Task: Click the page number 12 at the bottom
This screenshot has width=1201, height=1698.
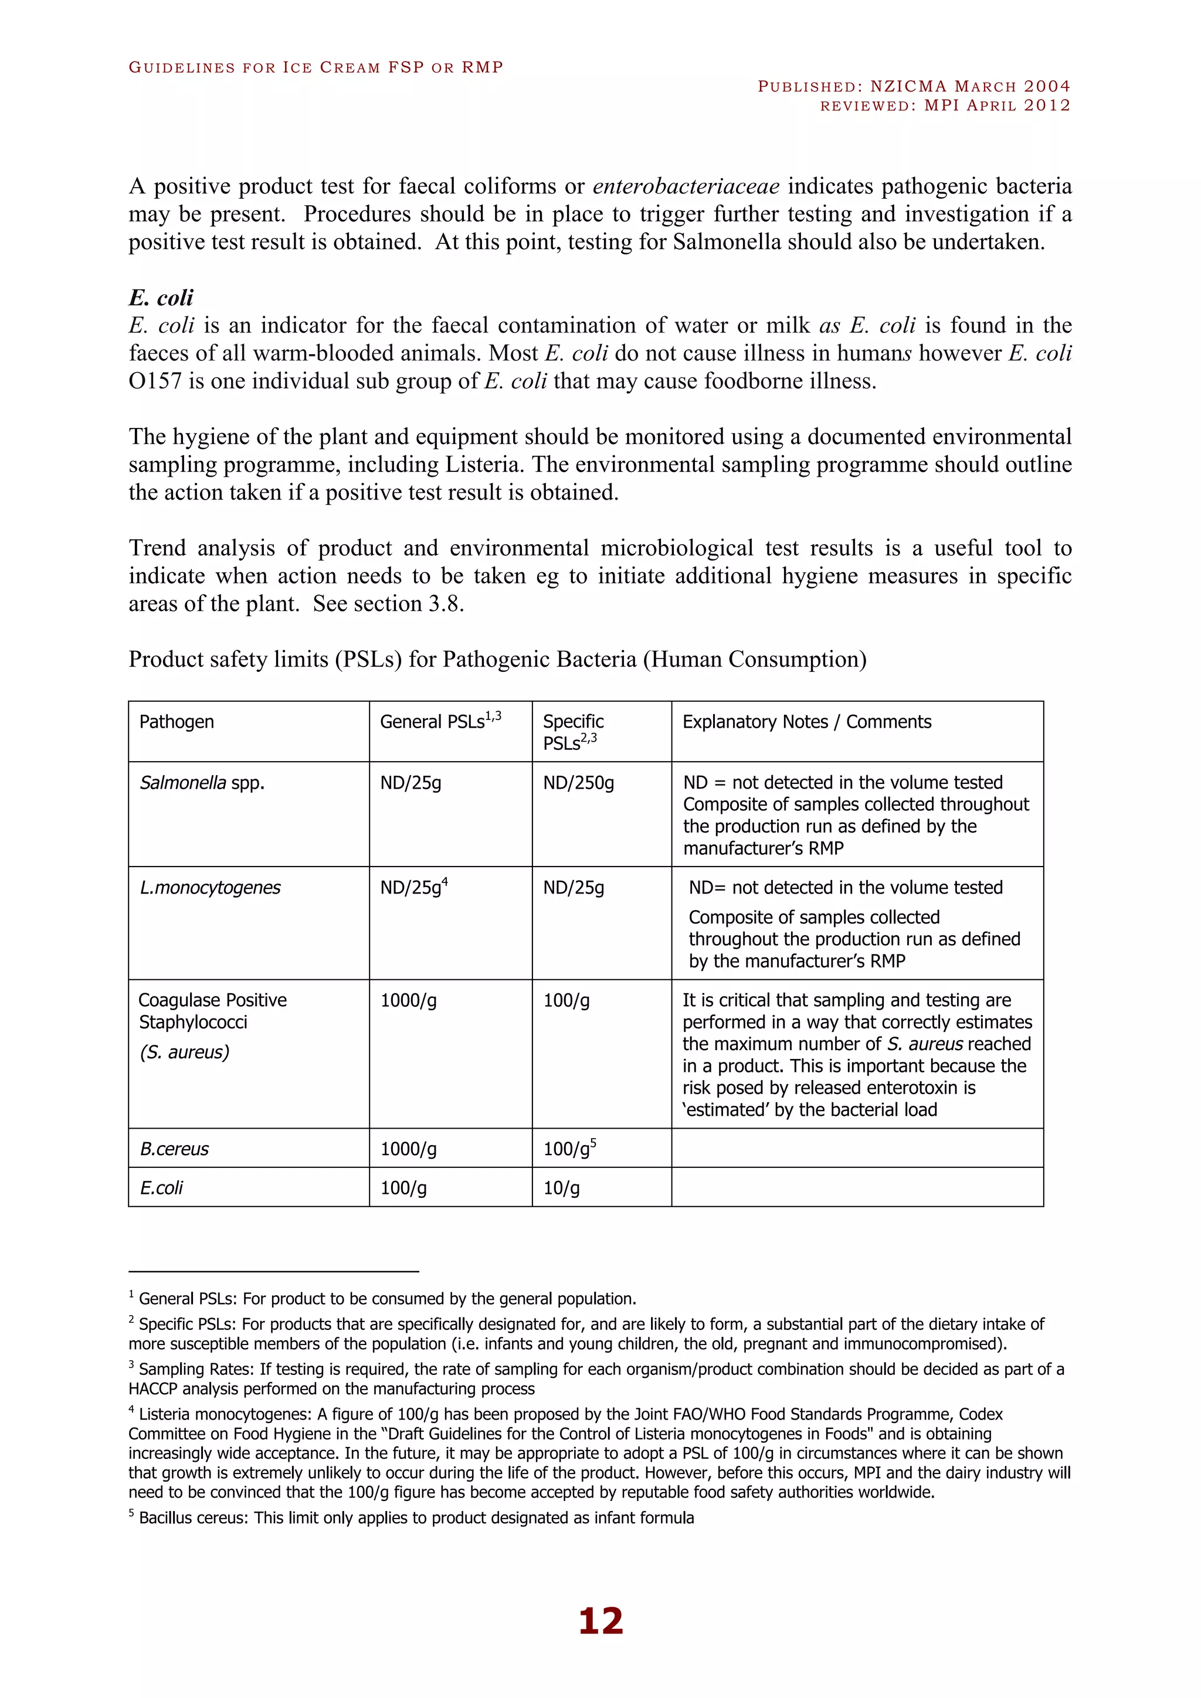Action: tap(600, 1621)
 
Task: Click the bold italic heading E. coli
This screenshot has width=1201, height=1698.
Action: tap(161, 298)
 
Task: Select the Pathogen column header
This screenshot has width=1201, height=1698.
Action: tap(177, 722)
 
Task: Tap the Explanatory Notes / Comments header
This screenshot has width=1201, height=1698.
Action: tap(806, 722)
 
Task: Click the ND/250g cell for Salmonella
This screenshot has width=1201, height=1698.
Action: tap(578, 782)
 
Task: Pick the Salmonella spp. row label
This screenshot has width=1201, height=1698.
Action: tap(202, 782)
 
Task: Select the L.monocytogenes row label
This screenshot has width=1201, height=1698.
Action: tap(210, 888)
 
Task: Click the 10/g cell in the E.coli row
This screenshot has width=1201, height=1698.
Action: tap(561, 1188)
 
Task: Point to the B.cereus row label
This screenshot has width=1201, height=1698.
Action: tap(175, 1149)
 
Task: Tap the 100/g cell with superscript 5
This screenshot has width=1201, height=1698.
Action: tap(569, 1149)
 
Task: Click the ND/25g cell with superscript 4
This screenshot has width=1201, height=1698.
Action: tap(413, 888)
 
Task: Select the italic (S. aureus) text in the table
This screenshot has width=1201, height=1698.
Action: tap(184, 1052)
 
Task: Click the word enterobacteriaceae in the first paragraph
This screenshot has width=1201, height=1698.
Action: tap(686, 186)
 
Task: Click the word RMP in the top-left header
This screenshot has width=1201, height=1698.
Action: tap(482, 67)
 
